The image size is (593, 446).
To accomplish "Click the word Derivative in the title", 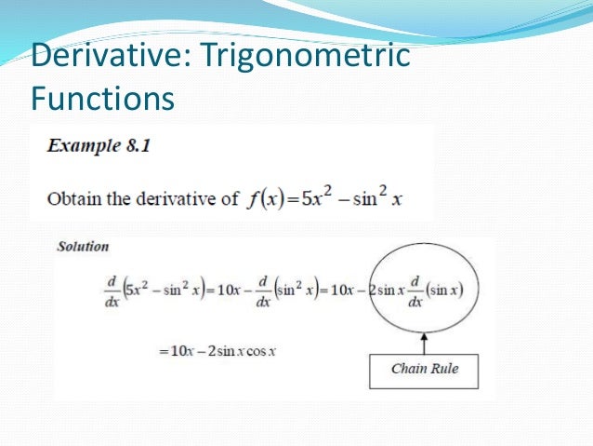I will coord(108,56).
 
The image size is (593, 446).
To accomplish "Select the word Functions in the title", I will coord(102,96).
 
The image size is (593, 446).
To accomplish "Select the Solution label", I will coord(83,247).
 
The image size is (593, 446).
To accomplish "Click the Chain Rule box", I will coord(424,369).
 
